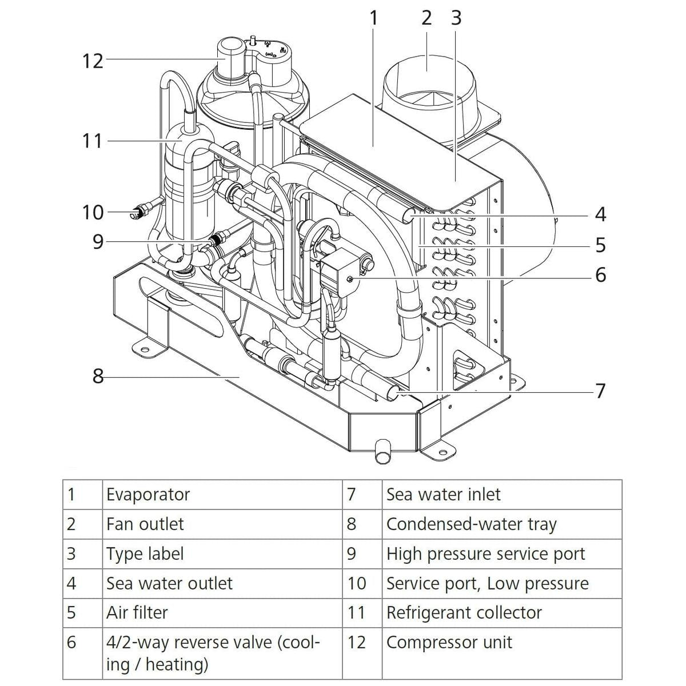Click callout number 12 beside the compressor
(93, 60)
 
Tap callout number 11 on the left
(92, 141)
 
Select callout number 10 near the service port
(93, 213)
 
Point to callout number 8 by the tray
(98, 376)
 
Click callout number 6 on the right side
(600, 275)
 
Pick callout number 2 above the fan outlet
(426, 18)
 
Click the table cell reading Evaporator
(148, 494)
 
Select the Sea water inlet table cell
(443, 494)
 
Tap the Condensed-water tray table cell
(471, 524)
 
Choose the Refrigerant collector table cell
(464, 613)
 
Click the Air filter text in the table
(137, 613)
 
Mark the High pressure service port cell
(485, 554)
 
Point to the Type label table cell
(145, 554)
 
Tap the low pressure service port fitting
(137, 215)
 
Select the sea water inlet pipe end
(395, 392)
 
